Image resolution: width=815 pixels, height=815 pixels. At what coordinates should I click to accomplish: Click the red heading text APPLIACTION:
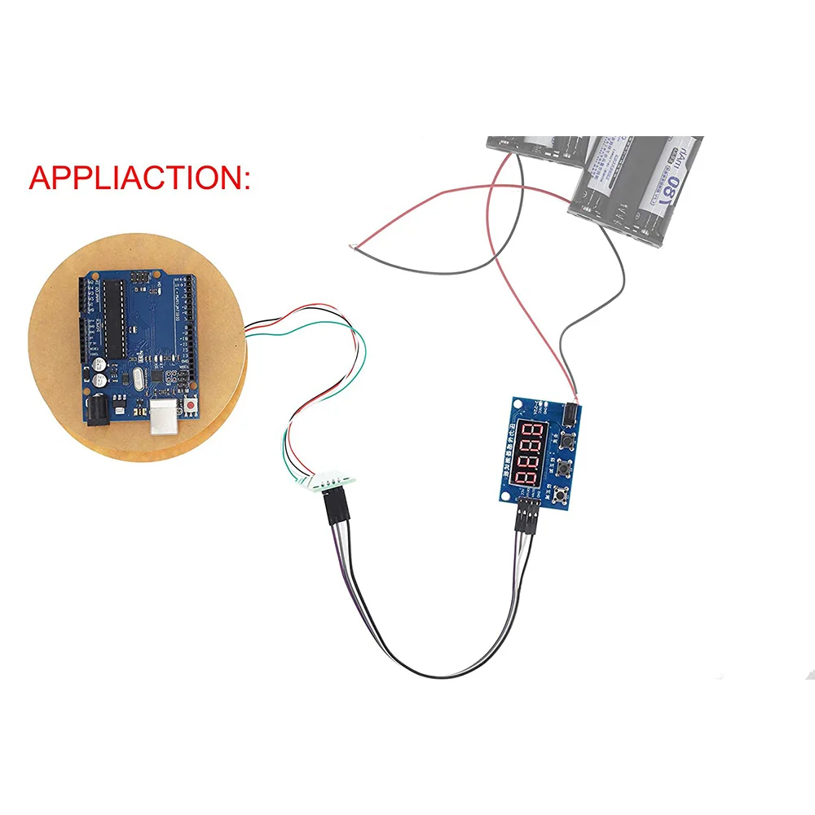click(139, 178)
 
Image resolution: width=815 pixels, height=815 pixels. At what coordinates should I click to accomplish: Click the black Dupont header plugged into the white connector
click(334, 512)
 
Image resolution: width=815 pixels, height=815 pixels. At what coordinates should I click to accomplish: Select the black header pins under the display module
click(526, 518)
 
